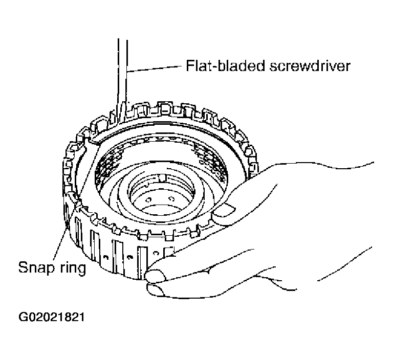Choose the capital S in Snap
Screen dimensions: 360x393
point(23,268)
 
